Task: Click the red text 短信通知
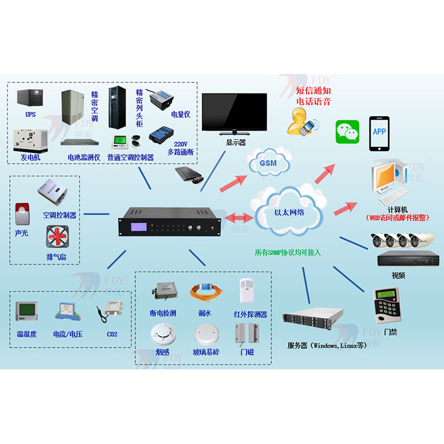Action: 313,91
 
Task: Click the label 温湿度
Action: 27,334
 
